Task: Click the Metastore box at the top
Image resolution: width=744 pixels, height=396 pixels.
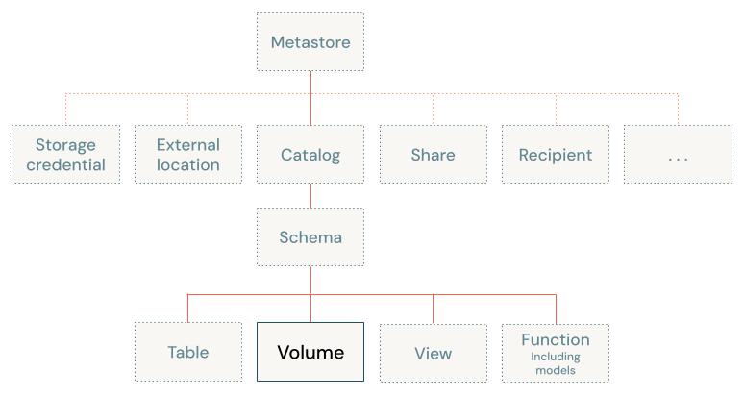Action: [310, 42]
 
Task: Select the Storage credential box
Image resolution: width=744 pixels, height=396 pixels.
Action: [65, 155]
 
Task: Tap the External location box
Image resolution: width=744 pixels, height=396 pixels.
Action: [188, 155]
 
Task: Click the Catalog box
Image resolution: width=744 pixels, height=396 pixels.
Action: [310, 155]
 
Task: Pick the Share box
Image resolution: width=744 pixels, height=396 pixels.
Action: [433, 155]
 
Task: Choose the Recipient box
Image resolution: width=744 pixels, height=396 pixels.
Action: [556, 155]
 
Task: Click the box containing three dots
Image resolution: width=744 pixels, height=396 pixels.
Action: [678, 155]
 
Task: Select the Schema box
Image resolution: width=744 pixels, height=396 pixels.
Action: [310, 237]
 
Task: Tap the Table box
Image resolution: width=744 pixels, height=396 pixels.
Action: [188, 353]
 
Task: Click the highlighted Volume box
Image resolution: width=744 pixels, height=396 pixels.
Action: [310, 353]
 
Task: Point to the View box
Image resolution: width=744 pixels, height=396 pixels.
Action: [433, 353]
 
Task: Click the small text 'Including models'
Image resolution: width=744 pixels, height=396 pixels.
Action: [556, 363]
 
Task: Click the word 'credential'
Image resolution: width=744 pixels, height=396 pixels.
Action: [65, 164]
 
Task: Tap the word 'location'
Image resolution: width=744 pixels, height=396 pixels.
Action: [188, 164]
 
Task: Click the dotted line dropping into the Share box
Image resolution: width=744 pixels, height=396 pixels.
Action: [433, 110]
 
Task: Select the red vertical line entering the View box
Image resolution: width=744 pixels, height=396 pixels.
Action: [433, 308]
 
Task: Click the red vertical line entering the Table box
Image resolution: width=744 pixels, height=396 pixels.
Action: [188, 308]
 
